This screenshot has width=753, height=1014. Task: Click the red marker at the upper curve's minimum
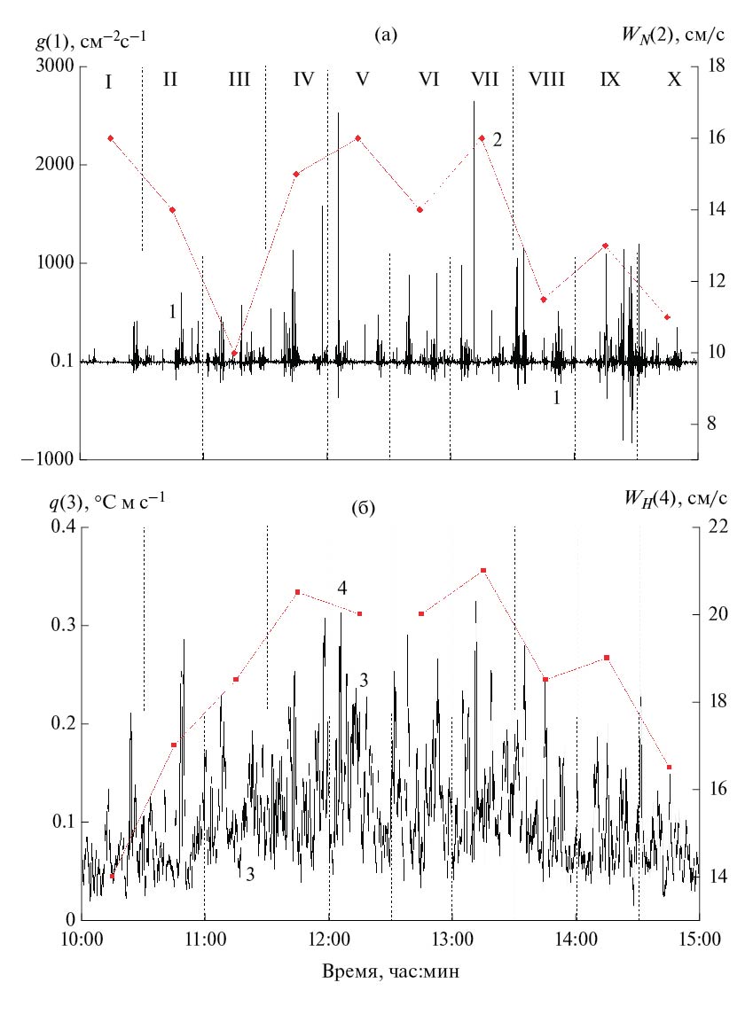coord(234,354)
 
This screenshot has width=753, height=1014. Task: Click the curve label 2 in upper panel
coord(498,140)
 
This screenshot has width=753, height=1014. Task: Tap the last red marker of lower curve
coord(669,767)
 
